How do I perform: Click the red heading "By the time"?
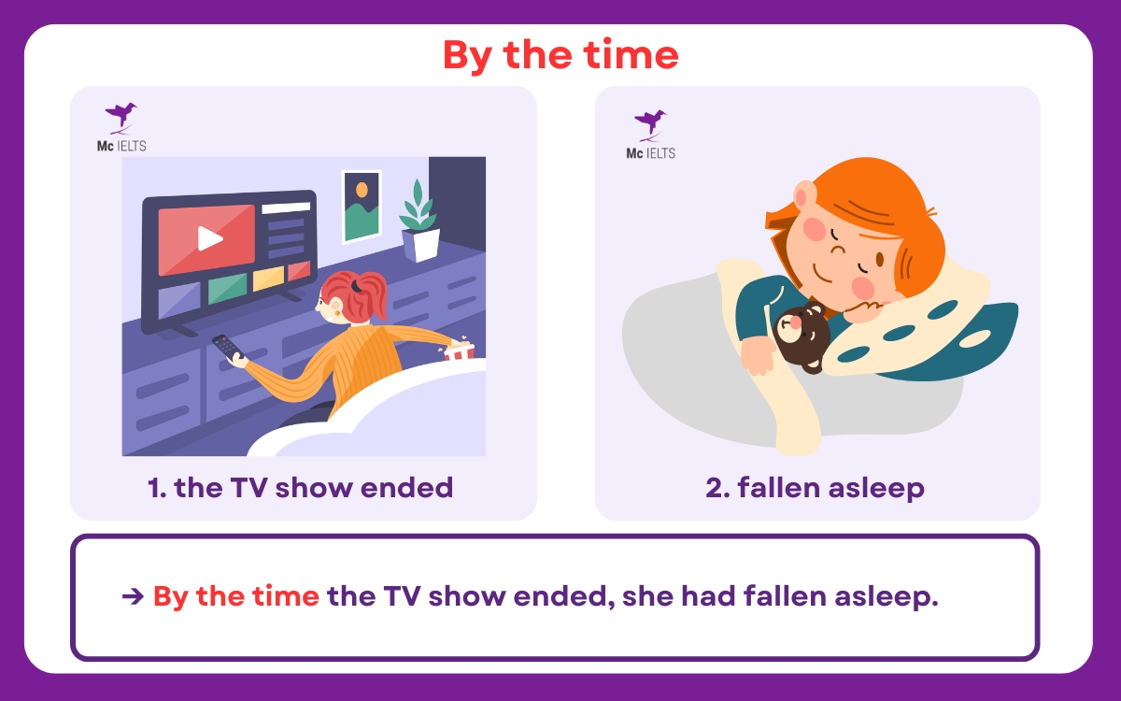(x=560, y=55)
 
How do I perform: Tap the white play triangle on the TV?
(x=209, y=239)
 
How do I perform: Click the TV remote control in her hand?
(x=226, y=347)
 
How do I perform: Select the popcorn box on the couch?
(x=459, y=350)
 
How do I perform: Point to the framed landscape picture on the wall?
(x=362, y=207)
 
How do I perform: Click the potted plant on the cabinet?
(x=419, y=222)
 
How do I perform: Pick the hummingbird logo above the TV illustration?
(x=121, y=118)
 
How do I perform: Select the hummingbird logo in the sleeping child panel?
(x=650, y=125)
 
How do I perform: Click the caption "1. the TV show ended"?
(x=300, y=488)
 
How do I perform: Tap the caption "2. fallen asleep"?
(x=816, y=488)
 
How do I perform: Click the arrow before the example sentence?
(x=133, y=596)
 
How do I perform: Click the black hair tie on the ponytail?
(x=356, y=285)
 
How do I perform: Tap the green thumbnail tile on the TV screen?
(x=227, y=289)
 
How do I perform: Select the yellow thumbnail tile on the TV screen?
(x=268, y=279)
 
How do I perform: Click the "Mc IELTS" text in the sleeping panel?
(x=650, y=153)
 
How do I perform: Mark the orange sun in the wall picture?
(x=362, y=190)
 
